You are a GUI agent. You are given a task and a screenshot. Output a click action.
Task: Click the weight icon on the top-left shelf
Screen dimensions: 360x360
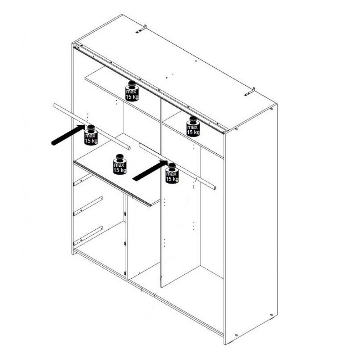[132, 91]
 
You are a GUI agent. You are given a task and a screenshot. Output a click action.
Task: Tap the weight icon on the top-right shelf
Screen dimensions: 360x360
[193, 126]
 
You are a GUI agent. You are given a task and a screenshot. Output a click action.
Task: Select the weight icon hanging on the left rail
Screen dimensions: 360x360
[91, 135]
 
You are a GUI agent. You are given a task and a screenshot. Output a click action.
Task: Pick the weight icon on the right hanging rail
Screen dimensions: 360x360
[172, 174]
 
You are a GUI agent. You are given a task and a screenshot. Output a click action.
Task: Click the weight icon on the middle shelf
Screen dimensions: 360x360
[120, 164]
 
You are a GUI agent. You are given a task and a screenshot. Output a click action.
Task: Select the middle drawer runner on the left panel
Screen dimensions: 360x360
[88, 206]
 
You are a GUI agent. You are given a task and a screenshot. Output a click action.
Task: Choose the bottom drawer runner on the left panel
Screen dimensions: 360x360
[88, 236]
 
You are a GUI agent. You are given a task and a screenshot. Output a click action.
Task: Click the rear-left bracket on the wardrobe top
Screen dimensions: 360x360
[141, 29]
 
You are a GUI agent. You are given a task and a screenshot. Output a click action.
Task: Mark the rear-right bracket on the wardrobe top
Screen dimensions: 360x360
[249, 91]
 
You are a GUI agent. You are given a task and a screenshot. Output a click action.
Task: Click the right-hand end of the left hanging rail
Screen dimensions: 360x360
[129, 148]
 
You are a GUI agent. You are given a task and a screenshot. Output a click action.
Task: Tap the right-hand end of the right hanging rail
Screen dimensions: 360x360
[215, 188]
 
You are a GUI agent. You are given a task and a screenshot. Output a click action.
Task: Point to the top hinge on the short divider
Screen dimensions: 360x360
[125, 214]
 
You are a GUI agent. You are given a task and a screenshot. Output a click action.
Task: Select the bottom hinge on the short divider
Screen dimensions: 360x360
[125, 273]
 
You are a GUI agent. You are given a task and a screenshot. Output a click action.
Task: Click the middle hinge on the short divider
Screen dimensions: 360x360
[125, 243]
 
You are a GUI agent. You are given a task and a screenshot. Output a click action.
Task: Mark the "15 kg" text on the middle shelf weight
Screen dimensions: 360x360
[120, 170]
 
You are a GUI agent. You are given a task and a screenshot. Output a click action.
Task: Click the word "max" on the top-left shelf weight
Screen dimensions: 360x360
[131, 91]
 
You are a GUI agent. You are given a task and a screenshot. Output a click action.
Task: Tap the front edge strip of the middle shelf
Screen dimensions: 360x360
[112, 184]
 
